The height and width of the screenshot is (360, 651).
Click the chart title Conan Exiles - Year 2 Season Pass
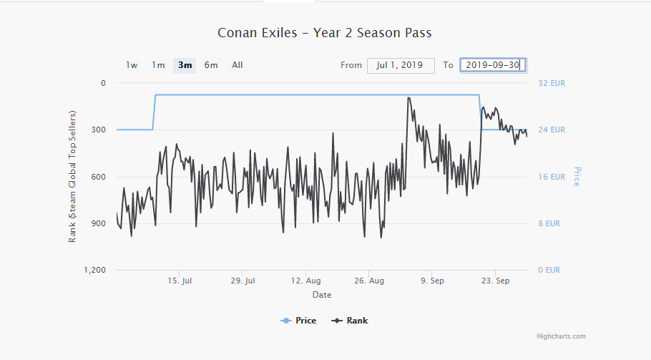click(324, 33)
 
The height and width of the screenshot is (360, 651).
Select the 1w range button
click(132, 65)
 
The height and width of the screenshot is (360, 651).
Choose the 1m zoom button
click(158, 65)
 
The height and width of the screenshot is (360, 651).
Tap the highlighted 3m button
click(185, 65)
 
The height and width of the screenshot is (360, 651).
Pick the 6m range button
click(211, 65)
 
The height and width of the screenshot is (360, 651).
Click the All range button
click(237, 65)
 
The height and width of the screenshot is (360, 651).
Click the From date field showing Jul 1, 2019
click(401, 65)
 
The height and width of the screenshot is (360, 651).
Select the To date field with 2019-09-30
click(492, 65)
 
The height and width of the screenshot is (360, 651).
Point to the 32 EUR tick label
click(552, 83)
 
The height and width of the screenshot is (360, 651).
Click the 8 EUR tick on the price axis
click(549, 223)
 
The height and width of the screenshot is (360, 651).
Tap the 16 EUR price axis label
click(552, 177)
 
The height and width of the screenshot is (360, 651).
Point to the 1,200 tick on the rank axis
click(94, 270)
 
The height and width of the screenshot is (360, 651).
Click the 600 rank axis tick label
click(98, 177)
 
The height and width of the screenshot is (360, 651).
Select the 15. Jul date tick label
click(180, 281)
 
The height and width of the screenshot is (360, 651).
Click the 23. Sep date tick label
click(496, 281)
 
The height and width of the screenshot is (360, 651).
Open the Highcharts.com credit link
click(562, 336)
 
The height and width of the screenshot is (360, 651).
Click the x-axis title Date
click(322, 295)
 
